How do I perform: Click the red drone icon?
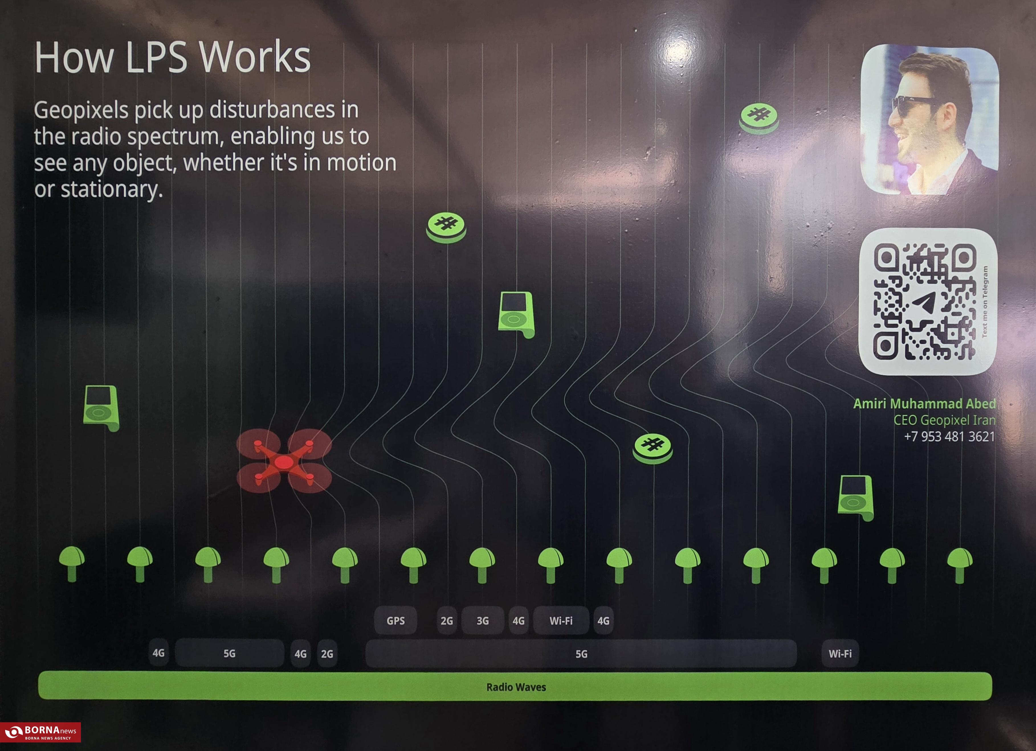click(284, 461)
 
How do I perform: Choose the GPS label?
click(395, 620)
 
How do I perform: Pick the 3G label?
click(482, 620)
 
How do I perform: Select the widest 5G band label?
click(581, 654)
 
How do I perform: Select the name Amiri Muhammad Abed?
click(924, 404)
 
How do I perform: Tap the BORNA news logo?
click(40, 732)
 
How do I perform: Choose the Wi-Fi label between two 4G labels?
click(561, 620)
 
